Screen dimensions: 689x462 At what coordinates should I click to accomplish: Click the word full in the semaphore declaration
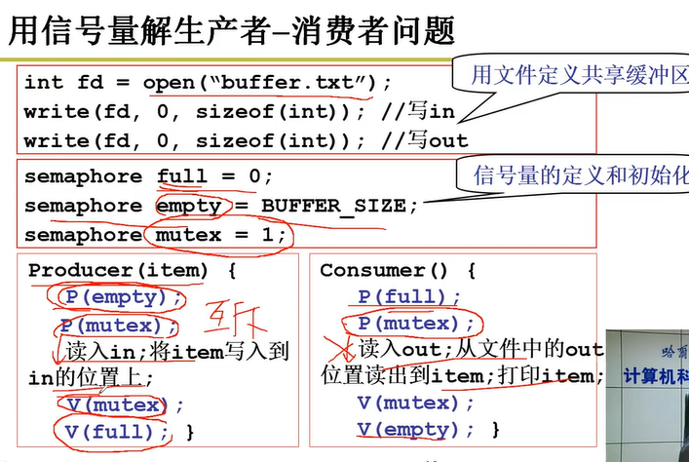(182, 177)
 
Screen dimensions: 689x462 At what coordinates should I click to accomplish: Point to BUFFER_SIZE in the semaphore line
(325, 206)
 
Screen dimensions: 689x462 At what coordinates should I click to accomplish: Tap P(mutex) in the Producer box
(120, 326)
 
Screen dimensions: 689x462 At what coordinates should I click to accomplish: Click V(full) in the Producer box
(118, 430)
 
